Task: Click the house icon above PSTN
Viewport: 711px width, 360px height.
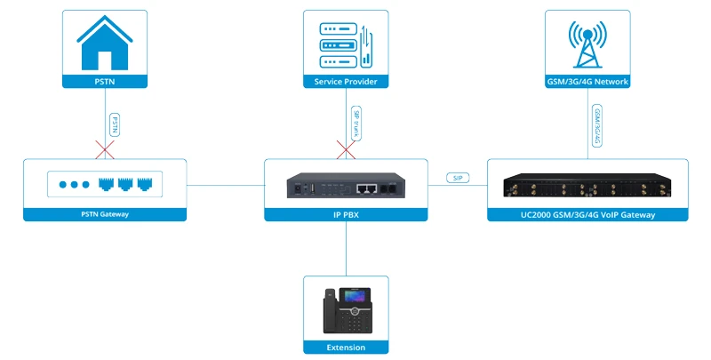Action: pyautogui.click(x=104, y=42)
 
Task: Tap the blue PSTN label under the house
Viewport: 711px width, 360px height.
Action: pyautogui.click(x=104, y=82)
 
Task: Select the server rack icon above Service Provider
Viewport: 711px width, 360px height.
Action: pyautogui.click(x=346, y=42)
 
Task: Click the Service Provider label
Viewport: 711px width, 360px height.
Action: pyautogui.click(x=346, y=82)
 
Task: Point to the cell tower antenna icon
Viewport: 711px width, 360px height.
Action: pyautogui.click(x=587, y=42)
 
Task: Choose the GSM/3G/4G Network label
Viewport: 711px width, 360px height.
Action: pyautogui.click(x=587, y=82)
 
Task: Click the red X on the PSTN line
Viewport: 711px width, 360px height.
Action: pyautogui.click(x=105, y=148)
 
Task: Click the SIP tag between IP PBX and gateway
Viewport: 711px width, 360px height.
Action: pyautogui.click(x=459, y=179)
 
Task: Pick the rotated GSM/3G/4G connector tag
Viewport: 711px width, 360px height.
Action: pyautogui.click(x=597, y=124)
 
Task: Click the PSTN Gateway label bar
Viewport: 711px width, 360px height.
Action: pyautogui.click(x=104, y=214)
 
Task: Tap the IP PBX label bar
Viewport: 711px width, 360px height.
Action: pyautogui.click(x=346, y=214)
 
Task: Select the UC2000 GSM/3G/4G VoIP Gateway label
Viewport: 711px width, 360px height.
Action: pyautogui.click(x=587, y=214)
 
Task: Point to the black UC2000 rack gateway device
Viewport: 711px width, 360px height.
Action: pyautogui.click(x=587, y=186)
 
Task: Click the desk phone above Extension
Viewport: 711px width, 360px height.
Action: pyautogui.click(x=346, y=308)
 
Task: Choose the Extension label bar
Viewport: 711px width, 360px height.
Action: pyautogui.click(x=346, y=348)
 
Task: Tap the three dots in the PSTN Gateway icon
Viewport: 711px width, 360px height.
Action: pyautogui.click(x=75, y=185)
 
